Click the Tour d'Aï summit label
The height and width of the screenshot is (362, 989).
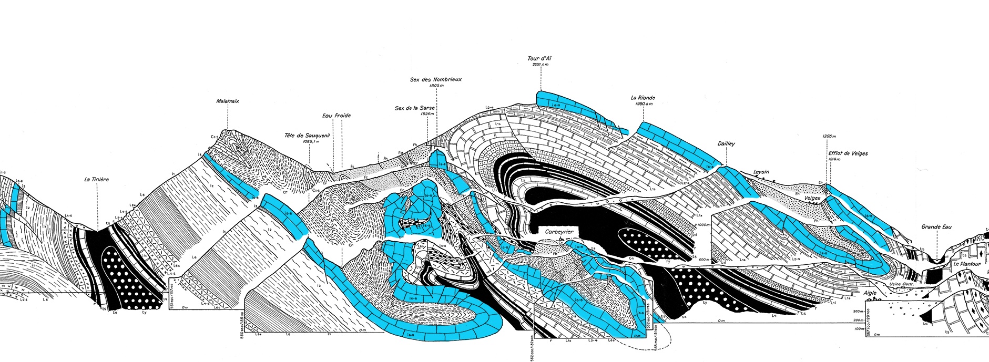[x=540, y=58]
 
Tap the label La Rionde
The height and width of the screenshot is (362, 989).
[x=643, y=98]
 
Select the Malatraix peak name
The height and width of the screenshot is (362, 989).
[x=228, y=101]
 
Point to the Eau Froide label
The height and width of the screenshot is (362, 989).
[x=337, y=116]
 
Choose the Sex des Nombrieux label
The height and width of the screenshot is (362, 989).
[x=436, y=79]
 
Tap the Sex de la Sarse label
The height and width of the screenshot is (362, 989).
[x=415, y=108]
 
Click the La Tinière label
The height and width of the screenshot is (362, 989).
[x=97, y=180]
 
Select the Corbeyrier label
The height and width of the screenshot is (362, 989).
[x=558, y=231]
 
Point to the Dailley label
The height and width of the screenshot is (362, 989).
[x=726, y=144]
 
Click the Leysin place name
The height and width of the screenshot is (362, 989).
[x=761, y=172]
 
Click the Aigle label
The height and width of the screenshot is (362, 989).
[x=870, y=293]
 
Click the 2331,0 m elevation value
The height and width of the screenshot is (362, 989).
[x=540, y=65]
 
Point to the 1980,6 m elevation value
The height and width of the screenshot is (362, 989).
[x=643, y=104]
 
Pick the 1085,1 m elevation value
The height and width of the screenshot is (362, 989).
[x=310, y=141]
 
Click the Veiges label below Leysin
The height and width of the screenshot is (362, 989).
[x=812, y=198]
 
